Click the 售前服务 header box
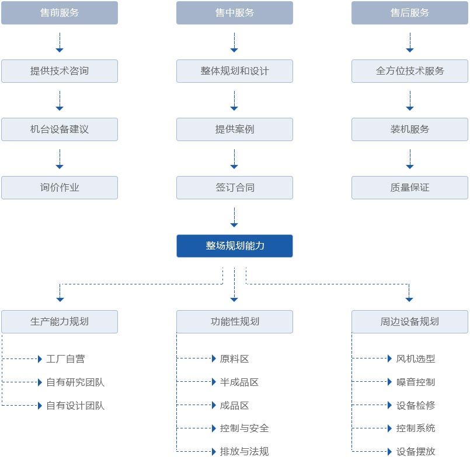(x=60, y=13)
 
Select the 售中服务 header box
(x=234, y=13)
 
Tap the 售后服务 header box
(x=409, y=13)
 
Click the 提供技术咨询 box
(x=60, y=71)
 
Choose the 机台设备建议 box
(x=60, y=129)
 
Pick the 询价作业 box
(x=60, y=188)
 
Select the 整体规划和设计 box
(x=234, y=71)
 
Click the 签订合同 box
(x=234, y=188)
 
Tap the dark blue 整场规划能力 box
(x=234, y=246)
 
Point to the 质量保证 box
(x=409, y=188)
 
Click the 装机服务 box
(x=409, y=129)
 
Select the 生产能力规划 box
(x=60, y=322)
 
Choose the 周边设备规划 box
(x=409, y=322)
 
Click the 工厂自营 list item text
(x=65, y=358)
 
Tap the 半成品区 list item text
(x=239, y=382)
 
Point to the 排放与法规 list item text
(x=244, y=451)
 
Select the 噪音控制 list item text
(x=416, y=382)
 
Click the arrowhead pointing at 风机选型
(x=389, y=358)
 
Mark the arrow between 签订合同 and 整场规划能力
(x=234, y=217)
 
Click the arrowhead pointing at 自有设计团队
(x=40, y=406)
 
